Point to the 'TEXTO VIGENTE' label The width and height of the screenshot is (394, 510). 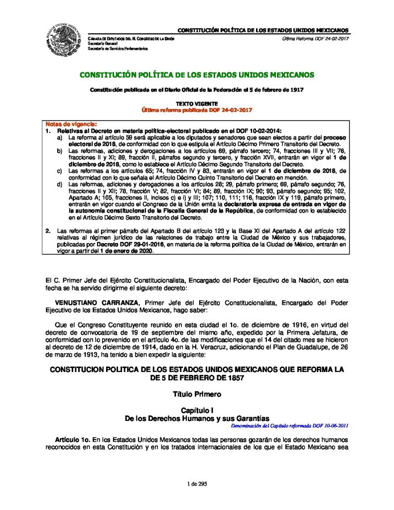click(x=197, y=103)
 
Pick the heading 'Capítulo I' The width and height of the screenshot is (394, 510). click(x=197, y=409)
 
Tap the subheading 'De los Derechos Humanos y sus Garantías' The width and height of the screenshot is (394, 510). click(x=197, y=419)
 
